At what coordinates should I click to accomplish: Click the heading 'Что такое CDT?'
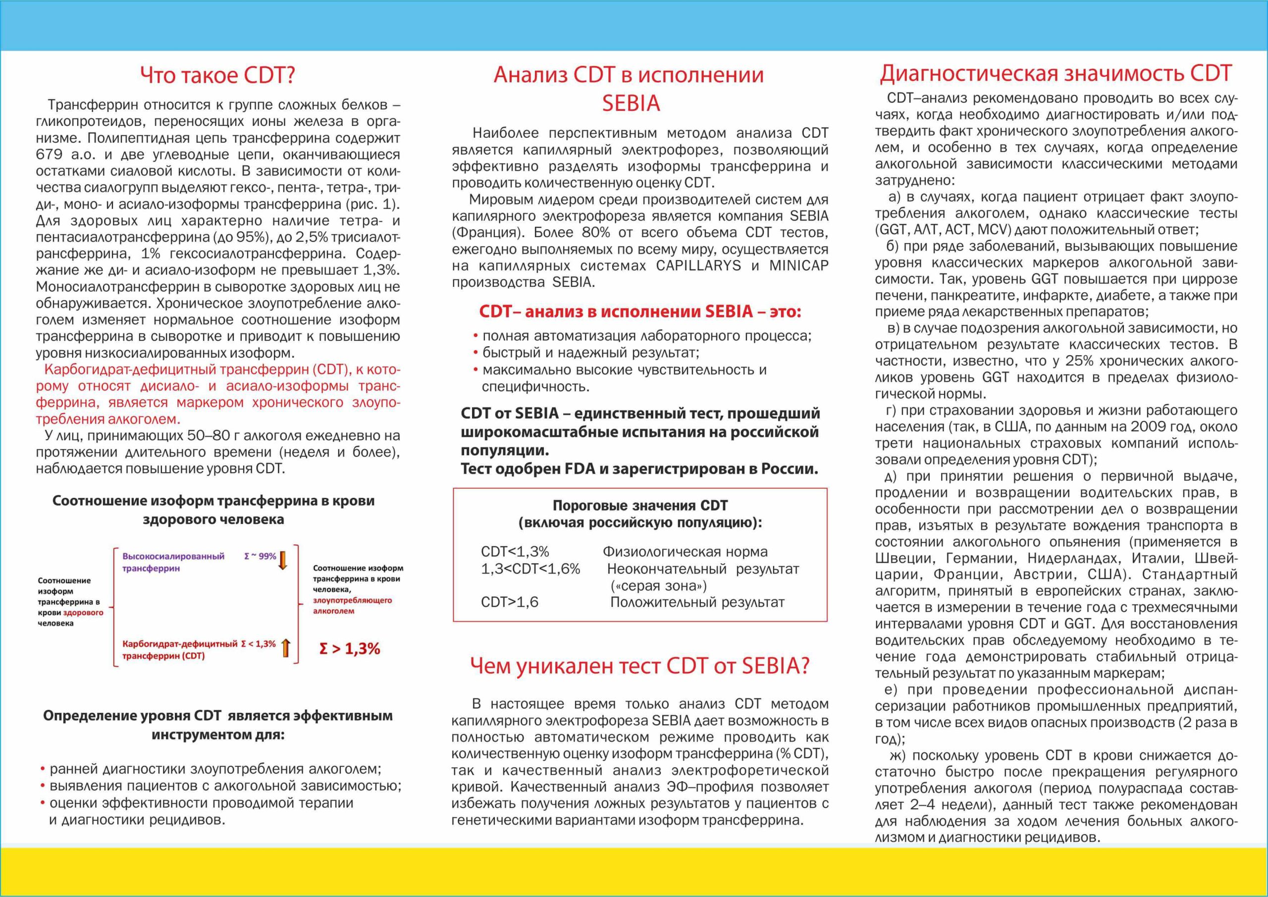(217, 76)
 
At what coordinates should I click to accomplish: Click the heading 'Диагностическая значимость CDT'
(1056, 73)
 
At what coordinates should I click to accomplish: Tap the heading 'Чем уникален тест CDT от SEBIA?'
(639, 666)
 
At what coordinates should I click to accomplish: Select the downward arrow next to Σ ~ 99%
(283, 560)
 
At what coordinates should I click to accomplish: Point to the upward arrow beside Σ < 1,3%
(285, 647)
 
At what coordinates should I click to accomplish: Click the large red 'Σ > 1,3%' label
(350, 648)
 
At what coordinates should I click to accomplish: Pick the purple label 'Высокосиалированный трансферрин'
(173, 562)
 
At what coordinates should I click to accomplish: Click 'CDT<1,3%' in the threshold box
(515, 552)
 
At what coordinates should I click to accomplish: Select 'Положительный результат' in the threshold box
(697, 602)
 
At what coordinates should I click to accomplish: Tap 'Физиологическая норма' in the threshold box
(685, 552)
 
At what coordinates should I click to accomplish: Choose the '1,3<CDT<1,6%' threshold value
(530, 569)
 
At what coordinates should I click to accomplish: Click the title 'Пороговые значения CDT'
(640, 505)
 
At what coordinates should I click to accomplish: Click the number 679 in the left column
(49, 155)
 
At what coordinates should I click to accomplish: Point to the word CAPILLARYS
(698, 265)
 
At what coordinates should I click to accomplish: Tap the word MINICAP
(798, 265)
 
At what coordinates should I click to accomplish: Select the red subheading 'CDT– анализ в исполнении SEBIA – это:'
(640, 312)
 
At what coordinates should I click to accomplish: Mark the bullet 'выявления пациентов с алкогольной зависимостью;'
(225, 786)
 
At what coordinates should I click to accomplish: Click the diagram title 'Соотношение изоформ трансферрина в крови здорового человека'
(213, 510)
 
